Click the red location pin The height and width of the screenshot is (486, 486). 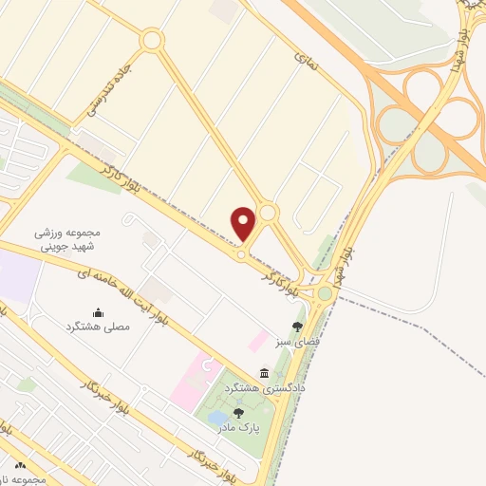[x=244, y=223]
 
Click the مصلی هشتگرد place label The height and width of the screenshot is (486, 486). [x=98, y=326]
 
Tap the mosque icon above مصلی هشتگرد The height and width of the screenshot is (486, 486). [x=98, y=311]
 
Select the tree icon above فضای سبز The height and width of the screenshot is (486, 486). [x=297, y=326]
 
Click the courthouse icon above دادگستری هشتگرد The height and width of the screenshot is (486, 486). [x=264, y=373]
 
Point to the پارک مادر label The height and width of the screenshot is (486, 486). [x=238, y=426]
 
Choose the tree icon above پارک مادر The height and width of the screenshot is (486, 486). [x=238, y=412]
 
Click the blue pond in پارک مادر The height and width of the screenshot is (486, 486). [x=217, y=417]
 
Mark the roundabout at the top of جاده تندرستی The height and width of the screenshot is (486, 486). [x=151, y=40]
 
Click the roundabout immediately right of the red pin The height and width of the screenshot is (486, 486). [x=268, y=213]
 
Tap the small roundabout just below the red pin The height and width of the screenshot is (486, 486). [x=243, y=254]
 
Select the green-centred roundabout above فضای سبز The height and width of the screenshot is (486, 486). [x=325, y=293]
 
